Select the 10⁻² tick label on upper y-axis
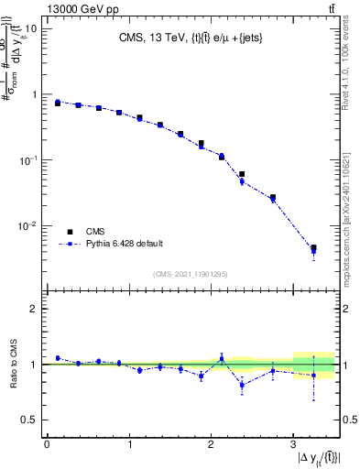(x=27, y=225)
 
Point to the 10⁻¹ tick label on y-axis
(x=27, y=159)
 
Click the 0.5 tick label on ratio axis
(x=29, y=420)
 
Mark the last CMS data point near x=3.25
(x=313, y=248)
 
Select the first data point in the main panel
(x=57, y=103)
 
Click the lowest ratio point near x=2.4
(x=242, y=385)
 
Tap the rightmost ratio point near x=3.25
(x=313, y=375)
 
